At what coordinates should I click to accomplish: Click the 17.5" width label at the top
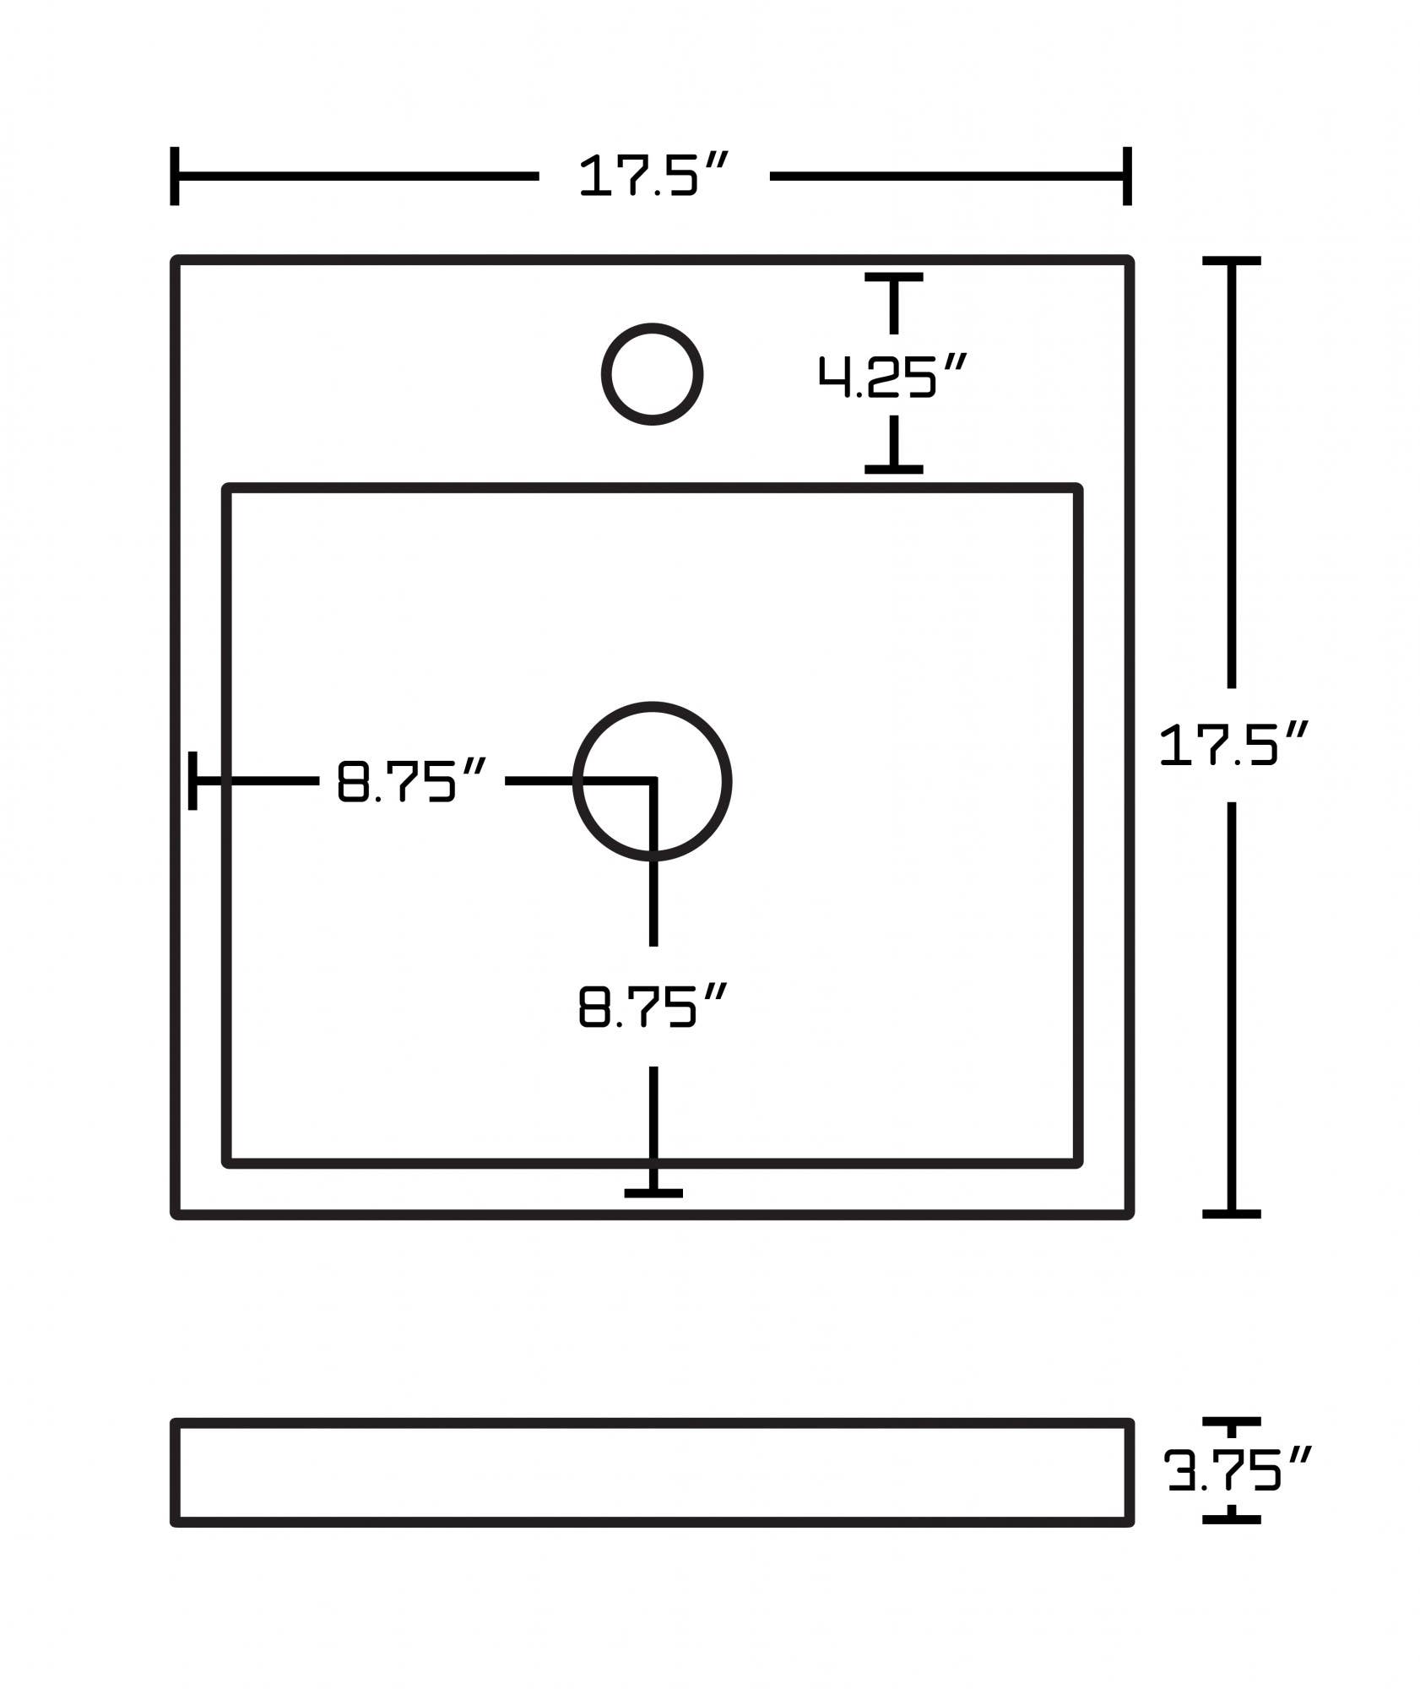[652, 176]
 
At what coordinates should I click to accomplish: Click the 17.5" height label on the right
[1232, 745]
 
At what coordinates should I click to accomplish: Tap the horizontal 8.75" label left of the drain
[411, 781]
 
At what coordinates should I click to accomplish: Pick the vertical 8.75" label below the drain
[652, 1006]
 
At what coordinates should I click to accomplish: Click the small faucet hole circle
[652, 373]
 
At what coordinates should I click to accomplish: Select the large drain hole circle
[652, 781]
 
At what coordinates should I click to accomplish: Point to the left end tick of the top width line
[175, 176]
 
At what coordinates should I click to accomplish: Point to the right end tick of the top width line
[1127, 176]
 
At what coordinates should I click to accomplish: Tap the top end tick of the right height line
[1232, 262]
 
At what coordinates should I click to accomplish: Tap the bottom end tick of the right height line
[1232, 1214]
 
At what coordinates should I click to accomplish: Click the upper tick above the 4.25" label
[893, 277]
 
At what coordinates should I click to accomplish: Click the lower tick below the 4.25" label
[893, 469]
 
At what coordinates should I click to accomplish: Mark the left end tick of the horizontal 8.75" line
[193, 780]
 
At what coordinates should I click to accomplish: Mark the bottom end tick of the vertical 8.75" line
[653, 1193]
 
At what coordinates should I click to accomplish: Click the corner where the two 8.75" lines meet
[653, 781]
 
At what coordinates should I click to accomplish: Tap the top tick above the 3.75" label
[1232, 1422]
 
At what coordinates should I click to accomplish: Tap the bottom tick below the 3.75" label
[1232, 1519]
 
